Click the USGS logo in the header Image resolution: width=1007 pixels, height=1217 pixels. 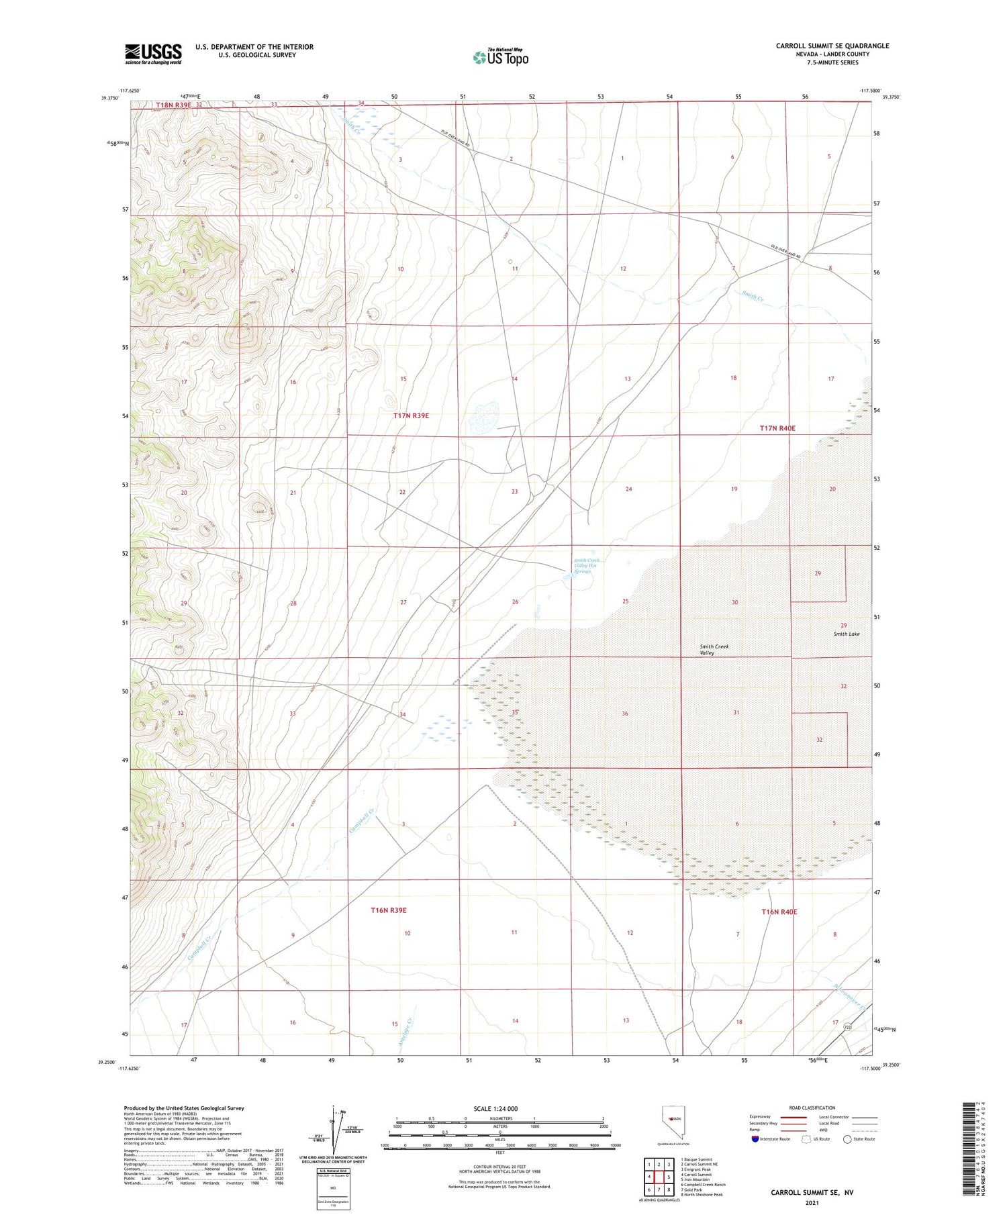tap(153, 54)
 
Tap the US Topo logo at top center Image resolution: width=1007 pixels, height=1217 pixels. tap(500, 57)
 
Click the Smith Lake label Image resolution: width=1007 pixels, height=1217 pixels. tap(847, 634)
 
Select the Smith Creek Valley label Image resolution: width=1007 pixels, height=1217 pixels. tap(714, 649)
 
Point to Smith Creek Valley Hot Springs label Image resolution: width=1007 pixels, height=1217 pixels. tap(585, 565)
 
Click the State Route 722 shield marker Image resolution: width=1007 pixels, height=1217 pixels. tap(848, 1027)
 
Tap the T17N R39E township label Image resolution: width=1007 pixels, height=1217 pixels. tap(411, 416)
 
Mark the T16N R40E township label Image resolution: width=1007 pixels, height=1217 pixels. tap(779, 912)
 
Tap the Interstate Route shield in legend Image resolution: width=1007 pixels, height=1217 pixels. tap(755, 1139)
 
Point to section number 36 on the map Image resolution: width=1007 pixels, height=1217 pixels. tap(624, 713)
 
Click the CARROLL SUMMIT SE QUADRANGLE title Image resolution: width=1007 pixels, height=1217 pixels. tap(832, 46)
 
